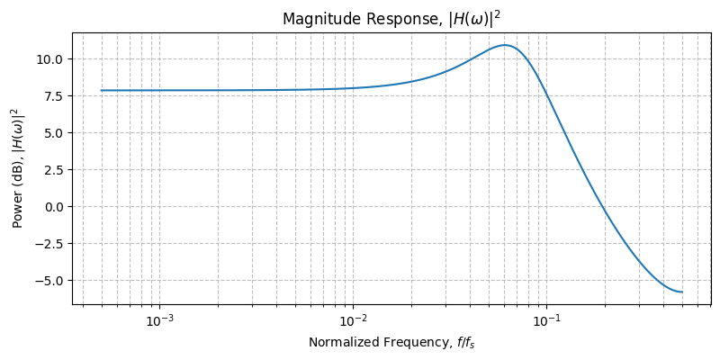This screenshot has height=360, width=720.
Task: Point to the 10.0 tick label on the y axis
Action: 49,59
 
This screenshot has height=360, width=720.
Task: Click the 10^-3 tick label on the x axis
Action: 159,321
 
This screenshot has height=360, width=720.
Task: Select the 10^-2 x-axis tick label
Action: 353,321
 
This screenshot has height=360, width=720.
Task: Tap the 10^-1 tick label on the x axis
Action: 546,321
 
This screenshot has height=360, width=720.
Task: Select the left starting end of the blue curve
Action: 101,90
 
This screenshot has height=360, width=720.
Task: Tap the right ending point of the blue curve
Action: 681,292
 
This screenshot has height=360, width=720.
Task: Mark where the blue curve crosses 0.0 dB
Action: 601,207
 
